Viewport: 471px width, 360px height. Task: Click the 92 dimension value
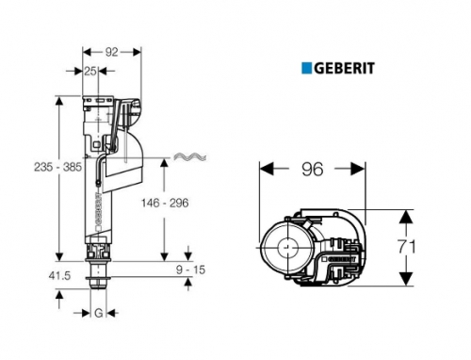[111, 52]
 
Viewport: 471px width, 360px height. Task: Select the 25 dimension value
[90, 72]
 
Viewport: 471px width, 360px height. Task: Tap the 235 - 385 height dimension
[57, 167]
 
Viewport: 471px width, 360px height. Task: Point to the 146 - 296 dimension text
[165, 203]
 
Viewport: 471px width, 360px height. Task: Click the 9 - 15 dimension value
[190, 270]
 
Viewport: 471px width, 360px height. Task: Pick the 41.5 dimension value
[59, 276]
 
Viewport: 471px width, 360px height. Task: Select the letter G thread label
[99, 313]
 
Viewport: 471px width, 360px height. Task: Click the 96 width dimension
[313, 170]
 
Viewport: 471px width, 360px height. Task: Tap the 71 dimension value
[407, 246]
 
